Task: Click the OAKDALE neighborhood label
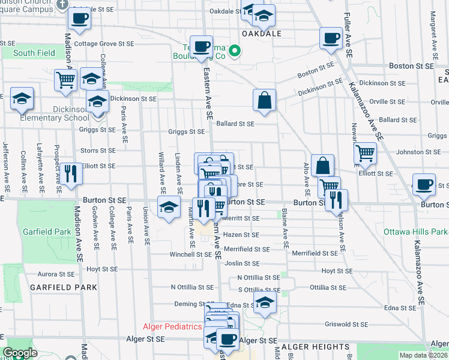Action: pos(262,34)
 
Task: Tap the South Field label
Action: pos(34,53)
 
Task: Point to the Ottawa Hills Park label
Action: pos(422,231)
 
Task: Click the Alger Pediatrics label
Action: pos(172,327)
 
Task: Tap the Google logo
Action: pos(20,353)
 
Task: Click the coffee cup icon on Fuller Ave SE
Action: pos(331,38)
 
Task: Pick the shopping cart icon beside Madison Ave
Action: pos(65,80)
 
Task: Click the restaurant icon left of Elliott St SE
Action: pos(71,174)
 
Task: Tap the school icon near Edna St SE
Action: pos(264,304)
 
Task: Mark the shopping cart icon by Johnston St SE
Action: pos(365,154)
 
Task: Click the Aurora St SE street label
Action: pos(56,274)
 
